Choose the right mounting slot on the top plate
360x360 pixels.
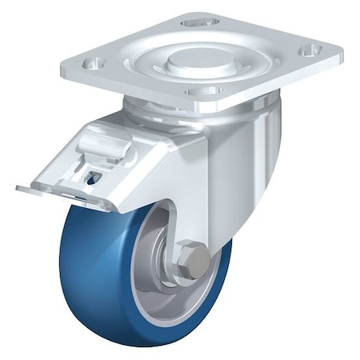[309, 51]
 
